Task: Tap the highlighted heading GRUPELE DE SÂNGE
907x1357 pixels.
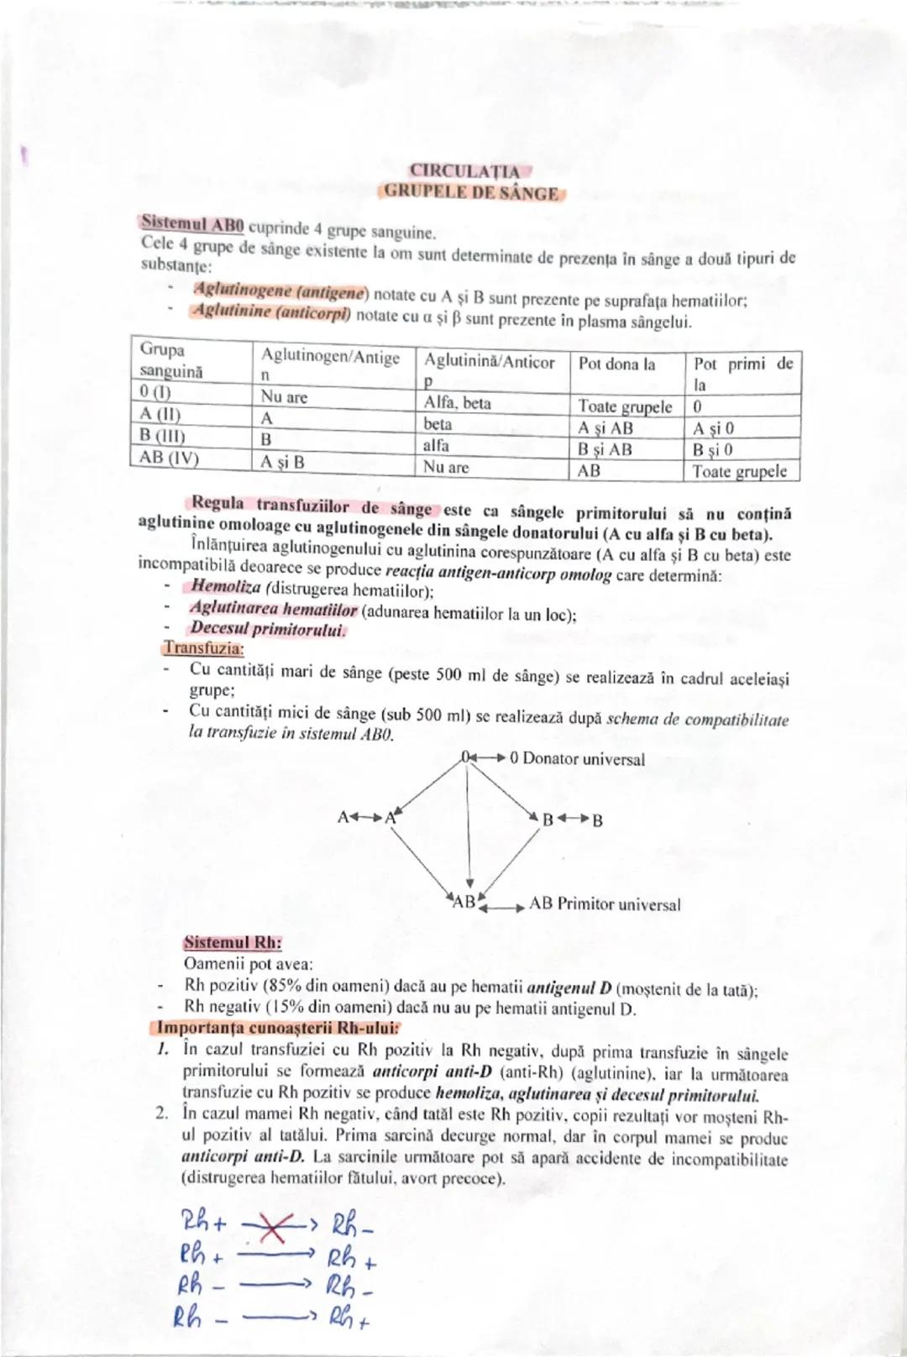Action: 472,192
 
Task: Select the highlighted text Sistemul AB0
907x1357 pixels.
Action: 192,224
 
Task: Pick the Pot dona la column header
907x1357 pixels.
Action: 617,364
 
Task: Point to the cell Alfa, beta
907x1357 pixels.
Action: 458,403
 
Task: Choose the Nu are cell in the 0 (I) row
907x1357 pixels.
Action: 285,397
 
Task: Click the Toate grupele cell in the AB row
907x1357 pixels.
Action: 740,471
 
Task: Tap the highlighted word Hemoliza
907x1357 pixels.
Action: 226,586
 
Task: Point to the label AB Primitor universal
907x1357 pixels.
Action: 605,904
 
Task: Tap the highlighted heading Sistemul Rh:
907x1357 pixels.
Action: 233,942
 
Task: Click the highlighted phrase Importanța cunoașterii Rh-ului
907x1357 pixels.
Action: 278,1029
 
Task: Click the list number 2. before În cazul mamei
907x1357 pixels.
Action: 162,1115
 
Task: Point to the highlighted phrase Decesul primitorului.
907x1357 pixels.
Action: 268,629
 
